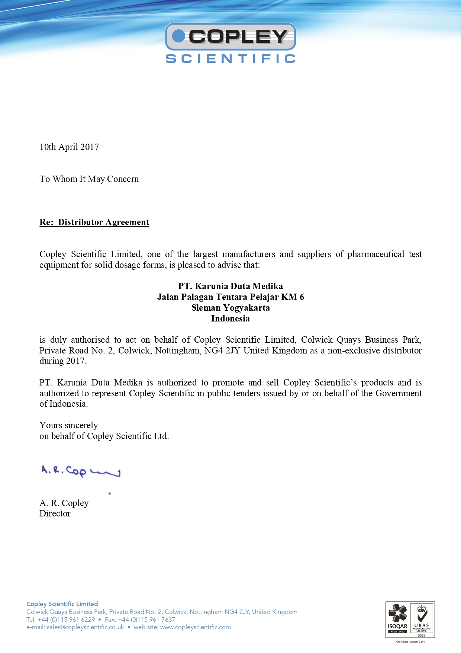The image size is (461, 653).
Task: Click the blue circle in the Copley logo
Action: tap(179, 36)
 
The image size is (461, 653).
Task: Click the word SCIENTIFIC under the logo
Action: tap(230, 59)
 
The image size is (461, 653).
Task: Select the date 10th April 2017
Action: tap(69, 147)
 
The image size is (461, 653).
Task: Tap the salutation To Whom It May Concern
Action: tap(89, 179)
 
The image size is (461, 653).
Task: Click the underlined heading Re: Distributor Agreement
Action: tap(94, 222)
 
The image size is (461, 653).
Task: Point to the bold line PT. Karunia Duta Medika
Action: tap(230, 286)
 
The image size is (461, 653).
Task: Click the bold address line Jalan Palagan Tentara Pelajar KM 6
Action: tap(230, 297)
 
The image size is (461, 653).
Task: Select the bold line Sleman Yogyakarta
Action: tap(230, 308)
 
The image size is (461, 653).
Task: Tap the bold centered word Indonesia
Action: tap(230, 319)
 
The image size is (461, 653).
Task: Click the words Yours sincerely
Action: tap(69, 425)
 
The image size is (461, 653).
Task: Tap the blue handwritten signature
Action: tap(80, 471)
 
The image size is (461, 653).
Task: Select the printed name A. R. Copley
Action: tap(64, 503)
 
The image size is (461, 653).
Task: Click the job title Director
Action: tap(55, 513)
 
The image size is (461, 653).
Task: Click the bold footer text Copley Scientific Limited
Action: tap(62, 604)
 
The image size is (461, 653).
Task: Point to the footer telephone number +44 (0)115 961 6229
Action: tap(66, 620)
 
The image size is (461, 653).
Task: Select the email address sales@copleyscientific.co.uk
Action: tap(85, 627)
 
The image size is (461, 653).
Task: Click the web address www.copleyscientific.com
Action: tap(195, 627)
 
